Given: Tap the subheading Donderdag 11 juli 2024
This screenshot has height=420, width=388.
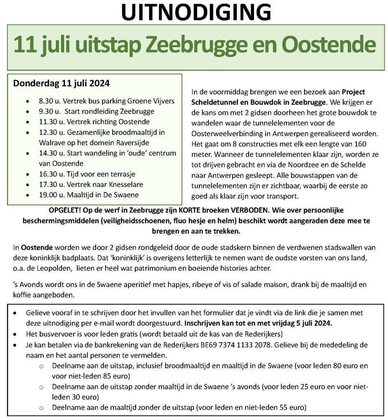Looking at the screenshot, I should (x=61, y=83).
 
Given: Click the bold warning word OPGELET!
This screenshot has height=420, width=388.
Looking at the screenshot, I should (x=65, y=210).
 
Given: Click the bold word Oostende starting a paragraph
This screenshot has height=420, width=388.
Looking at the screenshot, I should (x=35, y=248).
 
